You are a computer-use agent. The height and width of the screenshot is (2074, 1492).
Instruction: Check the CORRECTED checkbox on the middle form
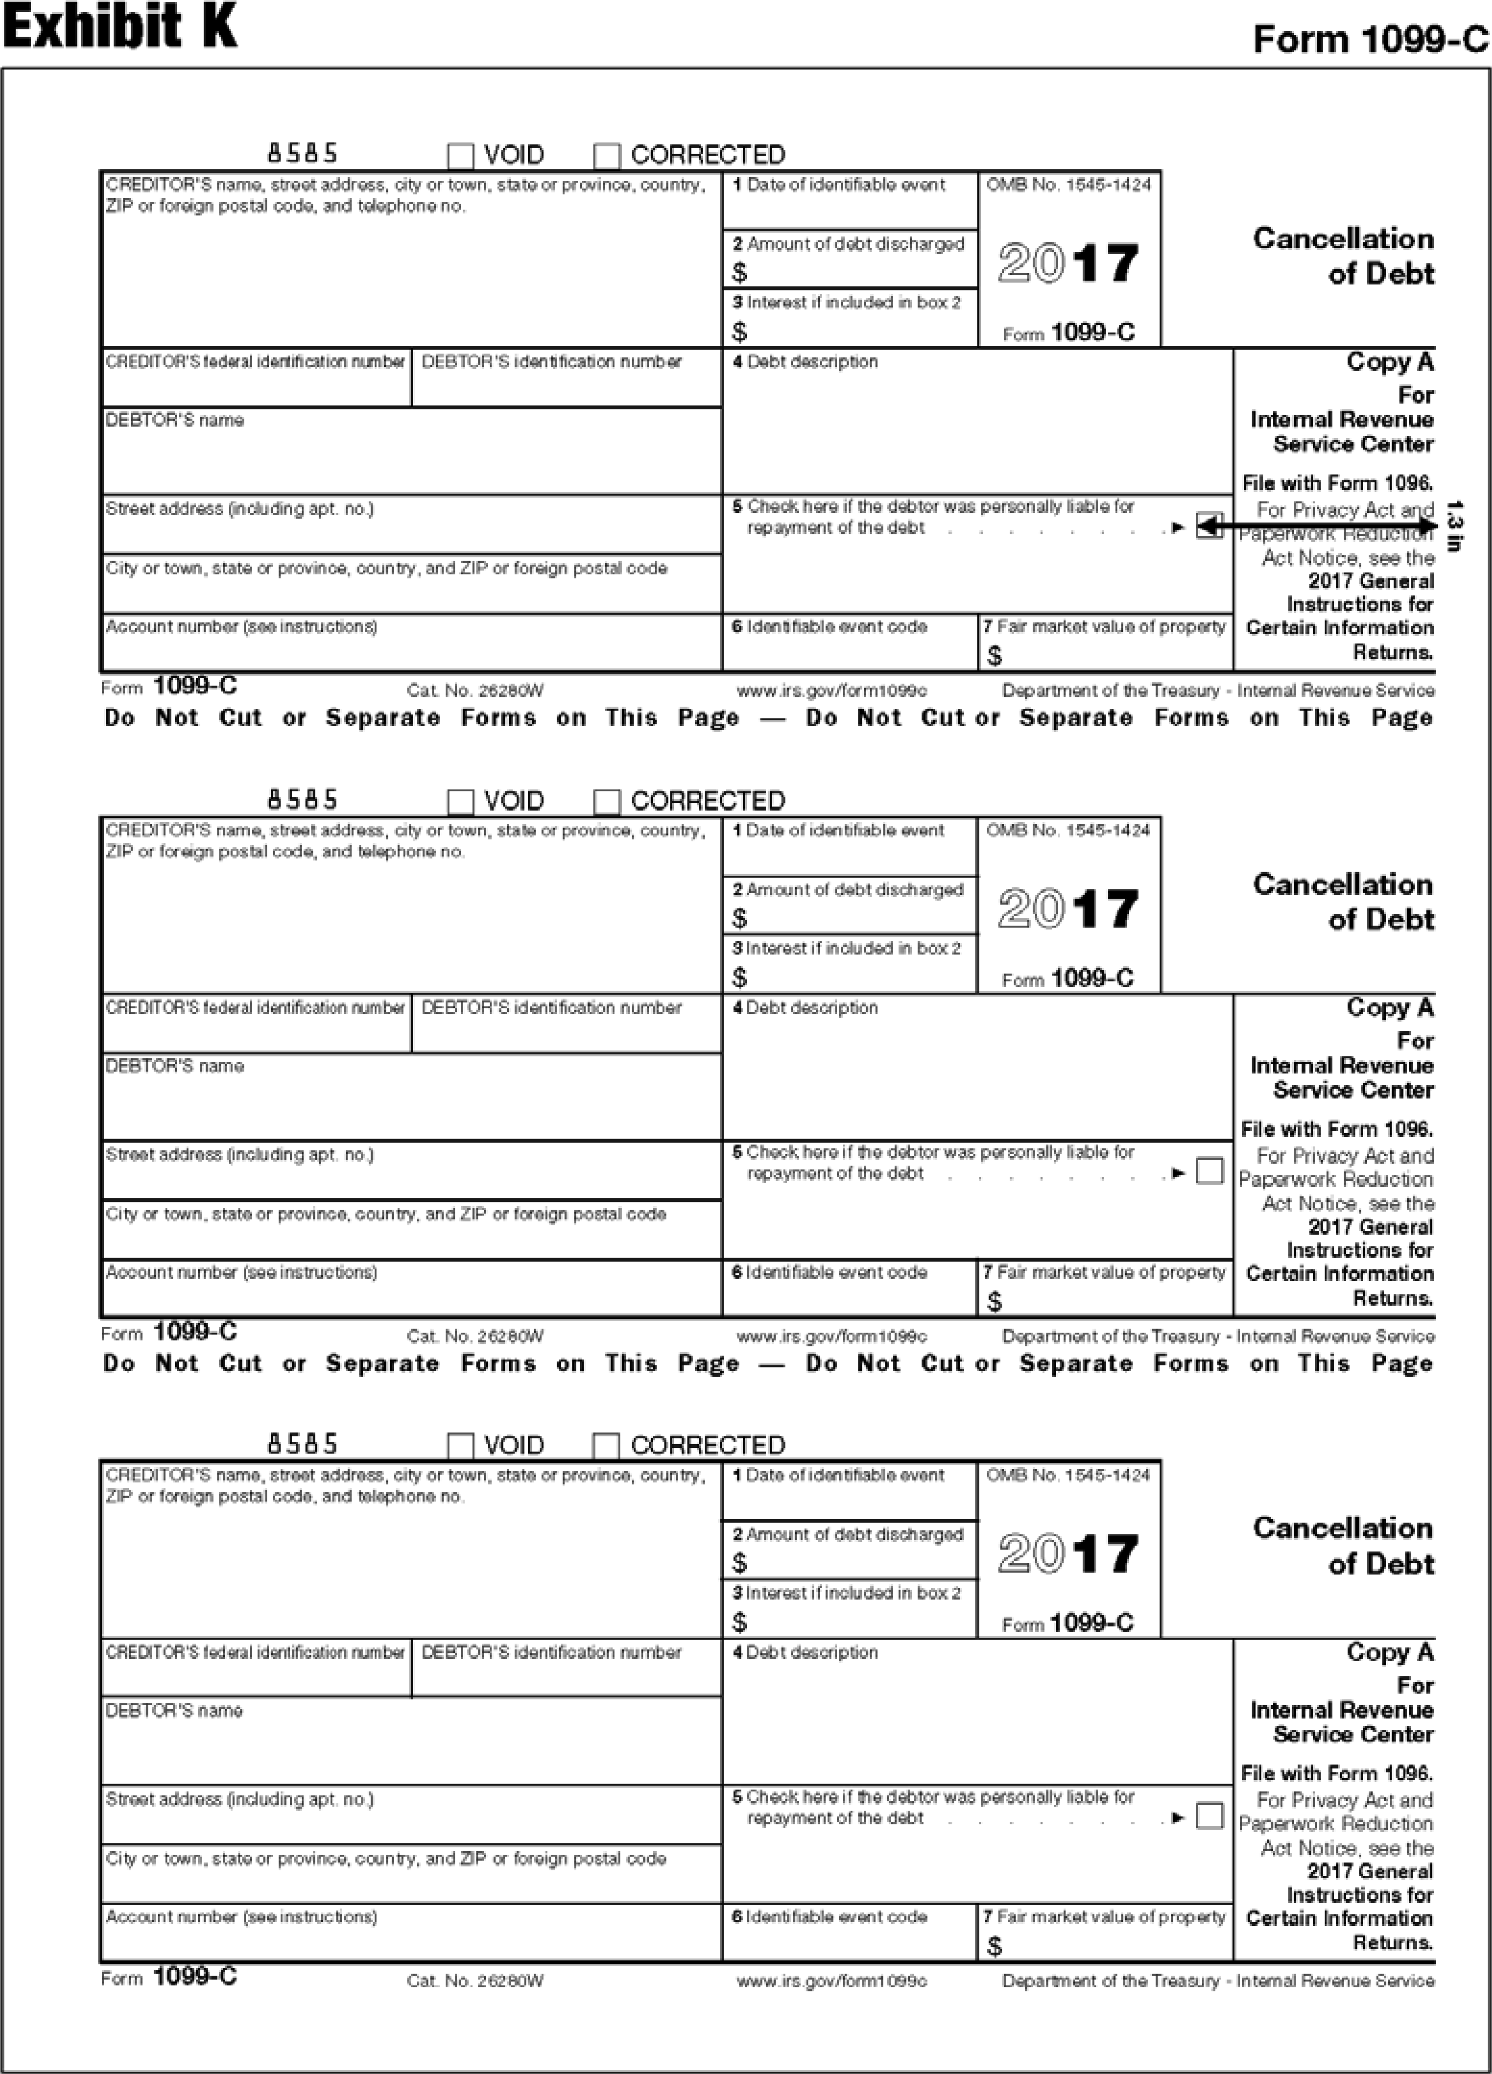point(607,802)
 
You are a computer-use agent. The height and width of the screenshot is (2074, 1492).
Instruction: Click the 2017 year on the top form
point(1068,263)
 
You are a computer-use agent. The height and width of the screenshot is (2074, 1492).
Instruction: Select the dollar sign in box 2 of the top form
point(740,272)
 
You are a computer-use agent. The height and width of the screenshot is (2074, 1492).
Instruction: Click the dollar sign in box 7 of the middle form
point(995,1301)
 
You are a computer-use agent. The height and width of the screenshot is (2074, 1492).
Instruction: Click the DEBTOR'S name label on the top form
point(175,421)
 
